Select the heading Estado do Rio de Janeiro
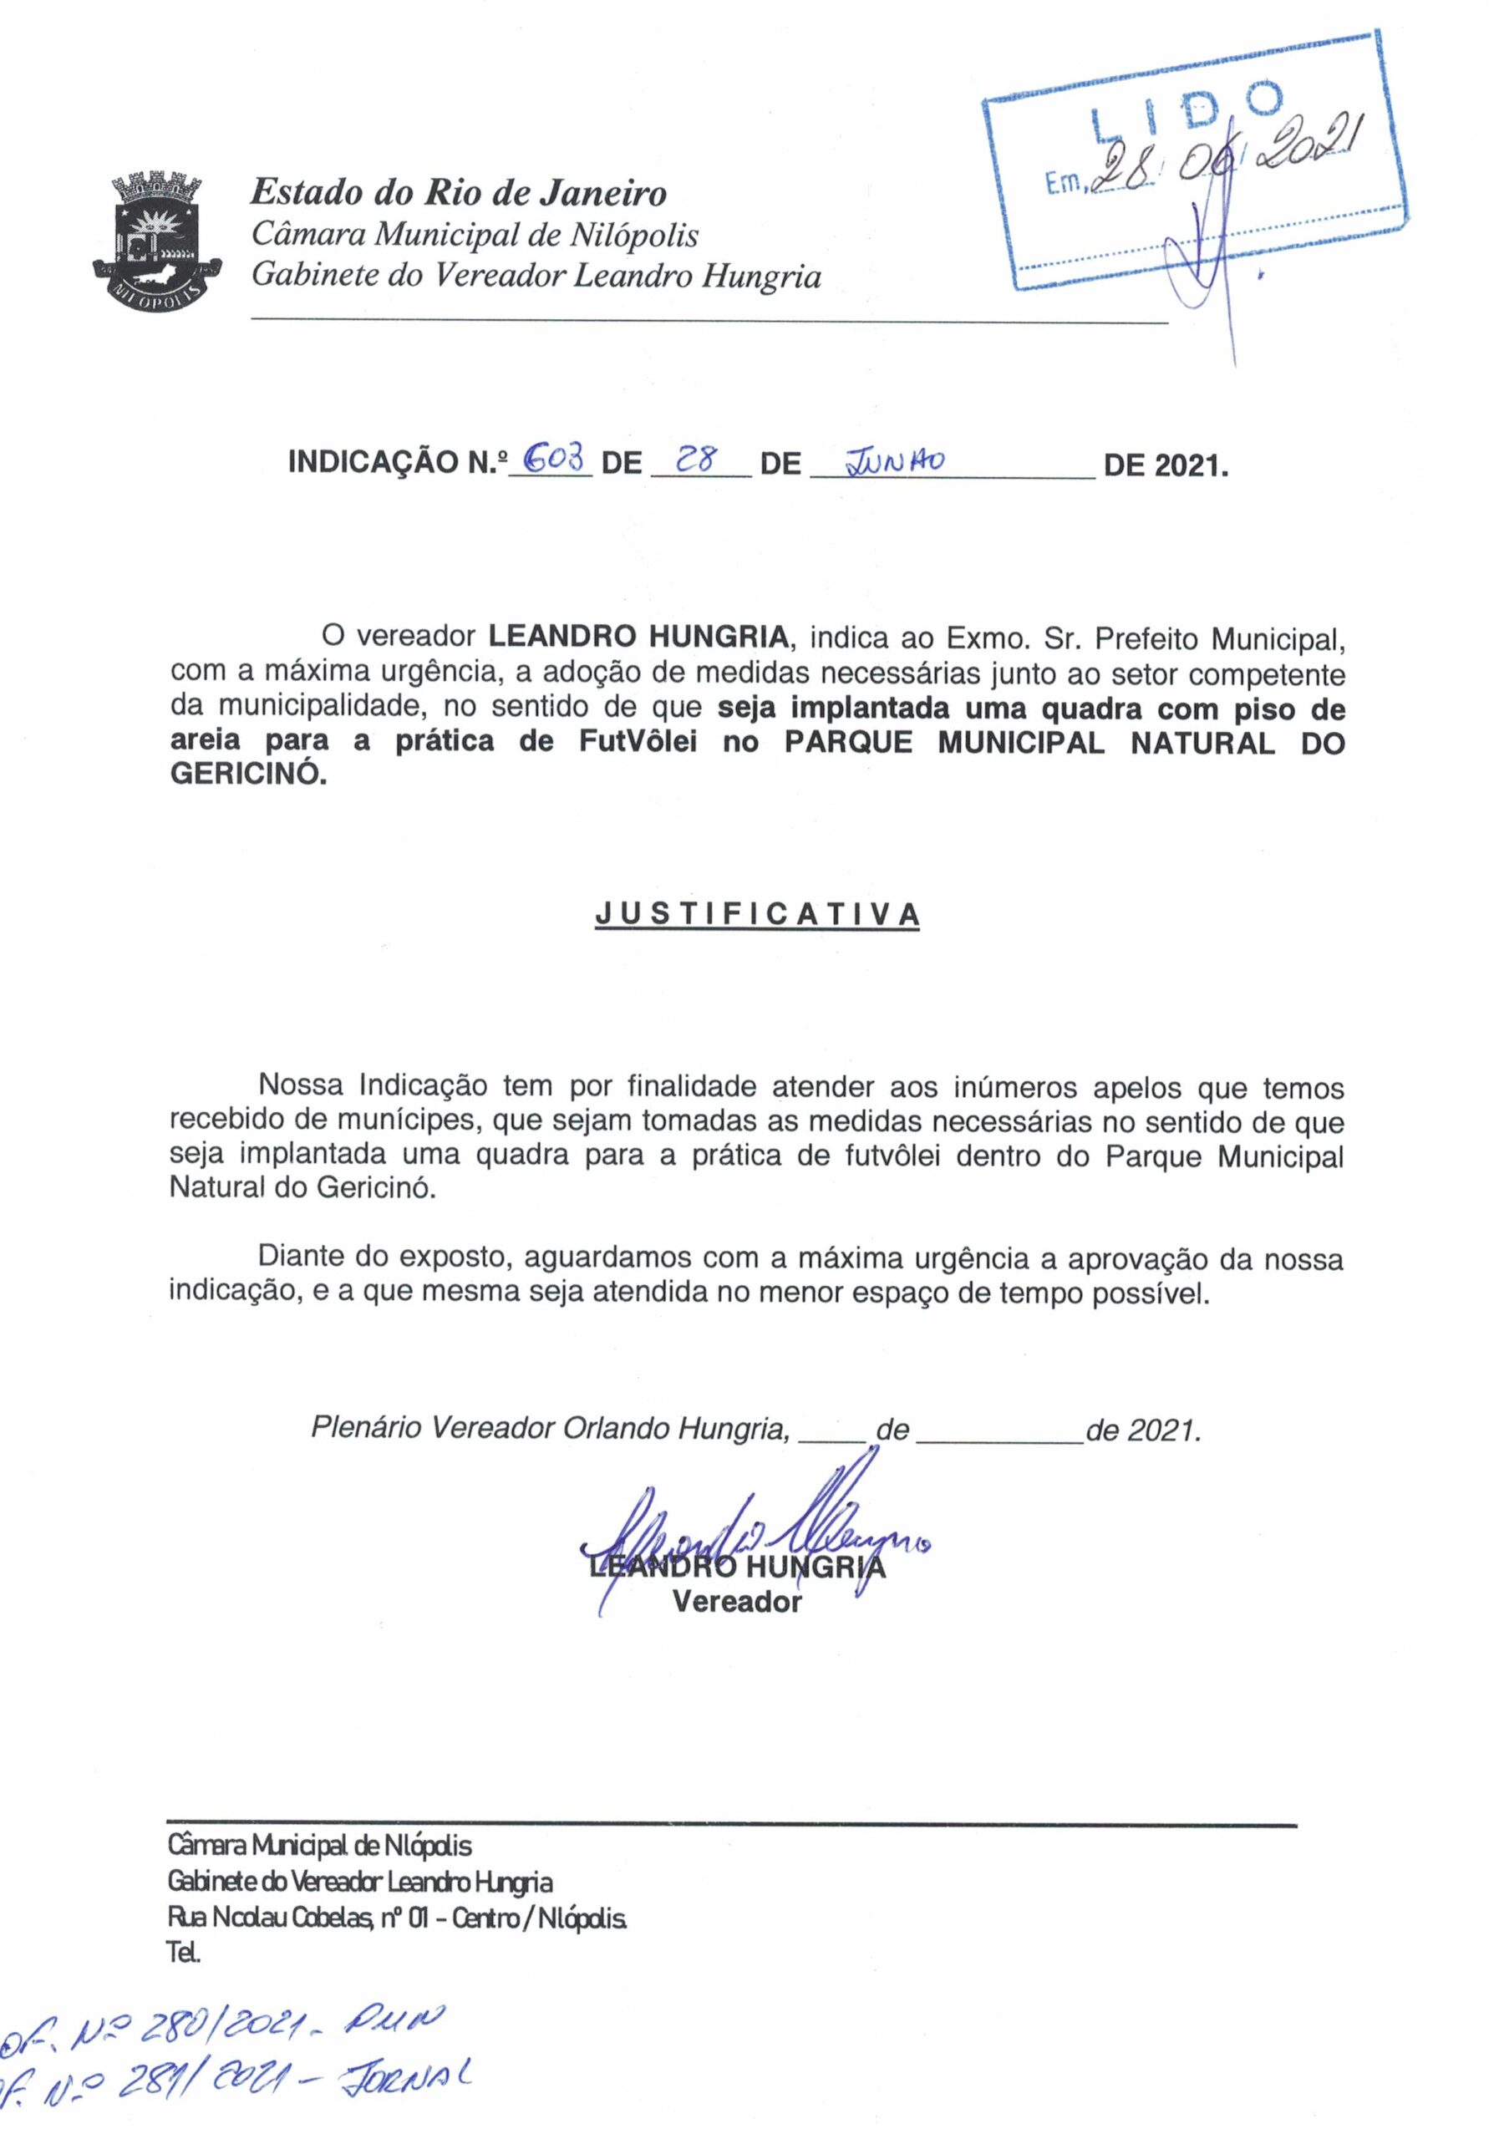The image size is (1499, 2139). (x=459, y=193)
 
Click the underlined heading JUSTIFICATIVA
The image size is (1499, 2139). (x=757, y=914)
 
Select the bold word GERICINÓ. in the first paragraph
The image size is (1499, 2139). (x=249, y=775)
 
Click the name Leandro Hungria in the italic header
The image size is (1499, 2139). (x=696, y=277)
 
